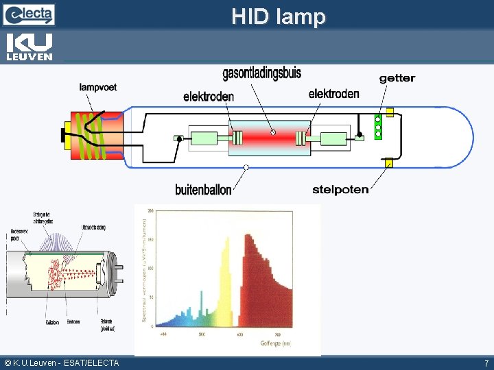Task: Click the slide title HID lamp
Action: (278, 16)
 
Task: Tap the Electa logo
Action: (29, 13)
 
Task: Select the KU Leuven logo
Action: (29, 47)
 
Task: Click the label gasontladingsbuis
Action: (261, 73)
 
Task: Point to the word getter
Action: (397, 78)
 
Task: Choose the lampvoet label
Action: (103, 87)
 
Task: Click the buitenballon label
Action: (204, 189)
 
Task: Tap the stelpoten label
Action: (340, 189)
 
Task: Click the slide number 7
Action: (486, 363)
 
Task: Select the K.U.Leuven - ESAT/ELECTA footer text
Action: (62, 363)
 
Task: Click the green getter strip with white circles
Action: (377, 127)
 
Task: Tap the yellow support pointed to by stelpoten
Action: (388, 162)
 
